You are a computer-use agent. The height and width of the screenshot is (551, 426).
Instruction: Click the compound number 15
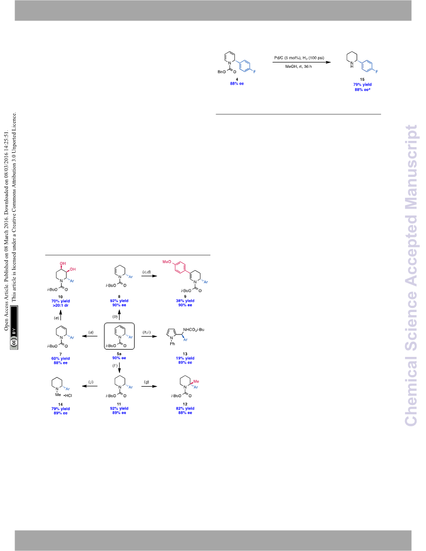coord(362,79)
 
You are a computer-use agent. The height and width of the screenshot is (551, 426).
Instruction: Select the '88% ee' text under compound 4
coord(237,83)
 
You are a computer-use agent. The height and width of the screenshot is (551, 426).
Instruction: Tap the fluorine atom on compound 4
coord(255,71)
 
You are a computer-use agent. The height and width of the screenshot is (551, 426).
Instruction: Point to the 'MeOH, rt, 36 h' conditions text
coord(299,66)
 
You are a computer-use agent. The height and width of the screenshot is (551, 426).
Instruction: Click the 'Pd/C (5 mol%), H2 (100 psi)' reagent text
coord(299,57)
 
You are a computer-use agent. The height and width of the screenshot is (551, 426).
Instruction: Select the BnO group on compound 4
coord(222,72)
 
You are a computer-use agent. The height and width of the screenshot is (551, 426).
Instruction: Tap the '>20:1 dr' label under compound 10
coord(61,305)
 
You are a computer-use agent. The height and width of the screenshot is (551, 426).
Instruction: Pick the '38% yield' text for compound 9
coord(185,301)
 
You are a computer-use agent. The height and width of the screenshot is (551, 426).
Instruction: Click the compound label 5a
coord(119,354)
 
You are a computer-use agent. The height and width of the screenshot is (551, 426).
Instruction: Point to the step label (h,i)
coord(147,332)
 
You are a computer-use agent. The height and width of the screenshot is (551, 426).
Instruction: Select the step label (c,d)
coord(147,272)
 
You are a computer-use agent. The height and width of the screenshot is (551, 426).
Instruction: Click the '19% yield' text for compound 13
coord(185,358)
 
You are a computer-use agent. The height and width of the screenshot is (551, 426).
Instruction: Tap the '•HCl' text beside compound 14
coord(68,396)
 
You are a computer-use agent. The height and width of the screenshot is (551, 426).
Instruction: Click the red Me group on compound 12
coord(196,381)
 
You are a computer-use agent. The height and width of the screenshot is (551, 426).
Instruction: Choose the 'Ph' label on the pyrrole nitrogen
coord(172,344)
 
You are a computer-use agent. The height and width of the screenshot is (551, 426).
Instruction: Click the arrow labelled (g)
coord(149,387)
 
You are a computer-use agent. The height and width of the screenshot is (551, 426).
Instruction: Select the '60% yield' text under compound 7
coord(61,359)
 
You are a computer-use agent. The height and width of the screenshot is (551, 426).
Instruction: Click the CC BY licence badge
coord(14,327)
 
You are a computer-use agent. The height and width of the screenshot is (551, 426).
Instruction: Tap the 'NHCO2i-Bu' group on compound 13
coord(194,330)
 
